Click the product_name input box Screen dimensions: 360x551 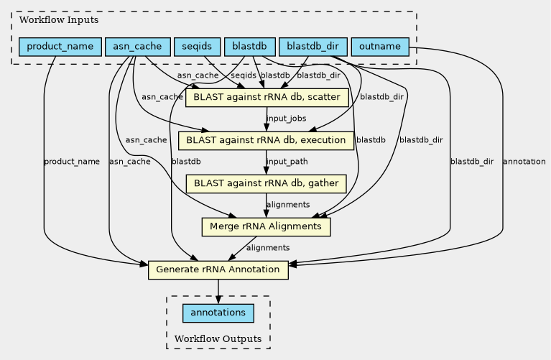[60, 47]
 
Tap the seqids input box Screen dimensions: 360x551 [197, 47]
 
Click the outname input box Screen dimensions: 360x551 [380, 47]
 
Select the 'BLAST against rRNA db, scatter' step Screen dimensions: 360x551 [267, 97]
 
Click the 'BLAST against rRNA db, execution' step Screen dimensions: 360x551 [267, 140]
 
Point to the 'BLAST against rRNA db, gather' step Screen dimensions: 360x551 [266, 183]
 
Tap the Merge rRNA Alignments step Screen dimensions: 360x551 [266, 227]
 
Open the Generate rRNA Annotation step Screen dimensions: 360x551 [218, 270]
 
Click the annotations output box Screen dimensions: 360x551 [218, 313]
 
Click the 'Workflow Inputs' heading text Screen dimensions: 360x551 [49, 20]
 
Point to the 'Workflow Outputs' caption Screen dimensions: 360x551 [218, 338]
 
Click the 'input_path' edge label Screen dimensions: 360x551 [287, 162]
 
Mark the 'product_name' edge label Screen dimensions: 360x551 [72, 162]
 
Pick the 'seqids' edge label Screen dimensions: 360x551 [244, 75]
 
